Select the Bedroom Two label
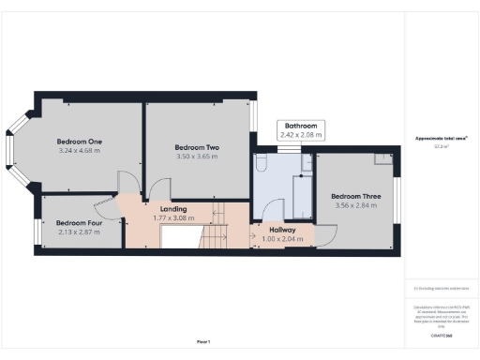[x=196, y=147]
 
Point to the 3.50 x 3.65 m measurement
[x=196, y=157]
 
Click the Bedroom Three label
[x=354, y=195]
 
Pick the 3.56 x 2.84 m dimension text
[x=354, y=204]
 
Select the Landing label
[x=173, y=208]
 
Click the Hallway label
[x=283, y=230]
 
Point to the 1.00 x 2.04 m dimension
[x=283, y=239]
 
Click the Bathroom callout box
[x=301, y=130]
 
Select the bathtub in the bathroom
[x=302, y=197]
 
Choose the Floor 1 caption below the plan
[x=202, y=340]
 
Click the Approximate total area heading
[x=441, y=139]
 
